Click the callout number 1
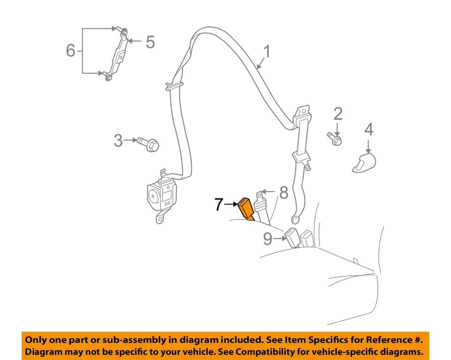pos(267,52)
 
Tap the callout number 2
pos(338,114)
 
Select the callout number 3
pos(118,140)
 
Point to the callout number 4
pos(369,129)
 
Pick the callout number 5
pos(150,42)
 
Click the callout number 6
pos(70,50)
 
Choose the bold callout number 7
pos(218,204)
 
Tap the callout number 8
pos(283,192)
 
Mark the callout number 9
pos(267,239)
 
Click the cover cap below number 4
pos(365,162)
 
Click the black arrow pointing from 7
pos(231,204)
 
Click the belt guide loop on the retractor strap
pos(173,86)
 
